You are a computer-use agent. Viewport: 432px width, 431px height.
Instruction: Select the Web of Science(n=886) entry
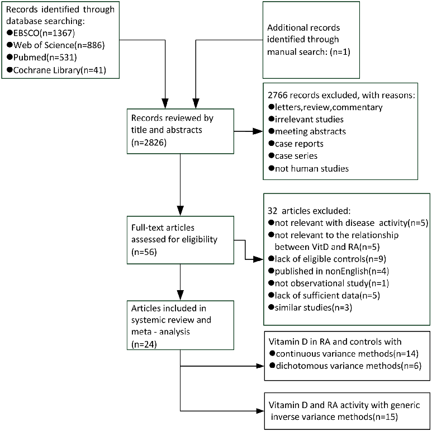[x=50, y=44]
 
